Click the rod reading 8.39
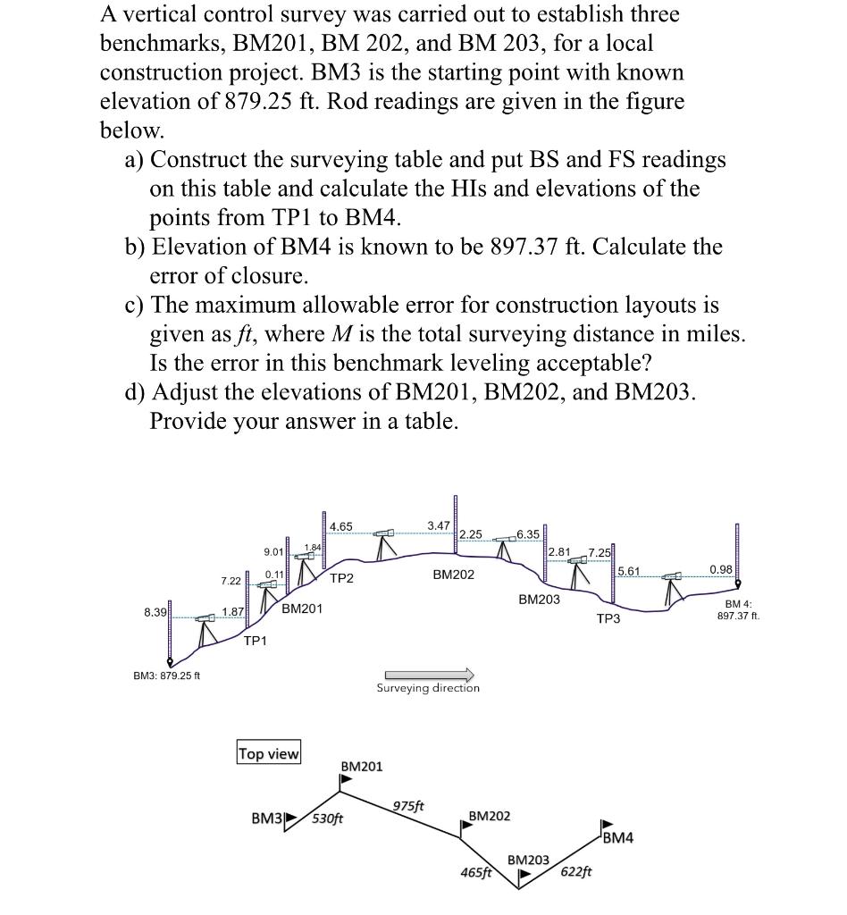pyautogui.click(x=155, y=612)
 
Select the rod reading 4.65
pyautogui.click(x=340, y=526)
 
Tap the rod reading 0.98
pyautogui.click(x=720, y=569)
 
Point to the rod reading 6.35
pyautogui.click(x=528, y=534)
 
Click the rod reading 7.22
pyautogui.click(x=231, y=581)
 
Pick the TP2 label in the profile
pyautogui.click(x=341, y=578)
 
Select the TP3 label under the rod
pyautogui.click(x=608, y=619)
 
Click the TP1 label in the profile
pyautogui.click(x=255, y=640)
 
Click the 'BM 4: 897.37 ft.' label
pyautogui.click(x=739, y=609)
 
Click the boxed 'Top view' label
pyautogui.click(x=269, y=753)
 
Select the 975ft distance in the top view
pyautogui.click(x=407, y=806)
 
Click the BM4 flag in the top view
pyautogui.click(x=607, y=824)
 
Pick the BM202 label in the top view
pyautogui.click(x=490, y=816)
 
